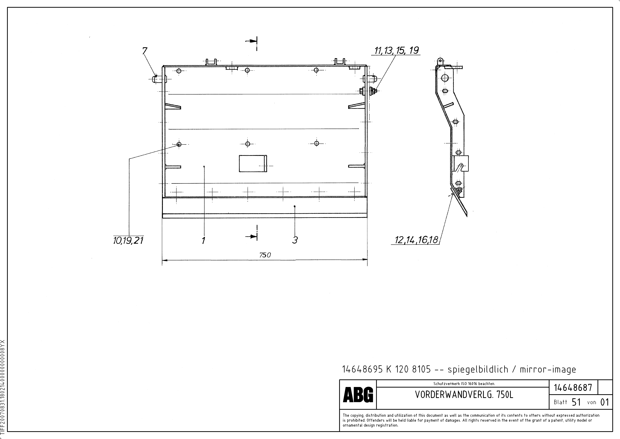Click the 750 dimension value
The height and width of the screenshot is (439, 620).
click(x=265, y=255)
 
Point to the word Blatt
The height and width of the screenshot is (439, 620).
click(x=560, y=402)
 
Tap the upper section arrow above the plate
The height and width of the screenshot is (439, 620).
click(x=251, y=41)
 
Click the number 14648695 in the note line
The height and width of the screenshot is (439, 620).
click(x=362, y=369)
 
